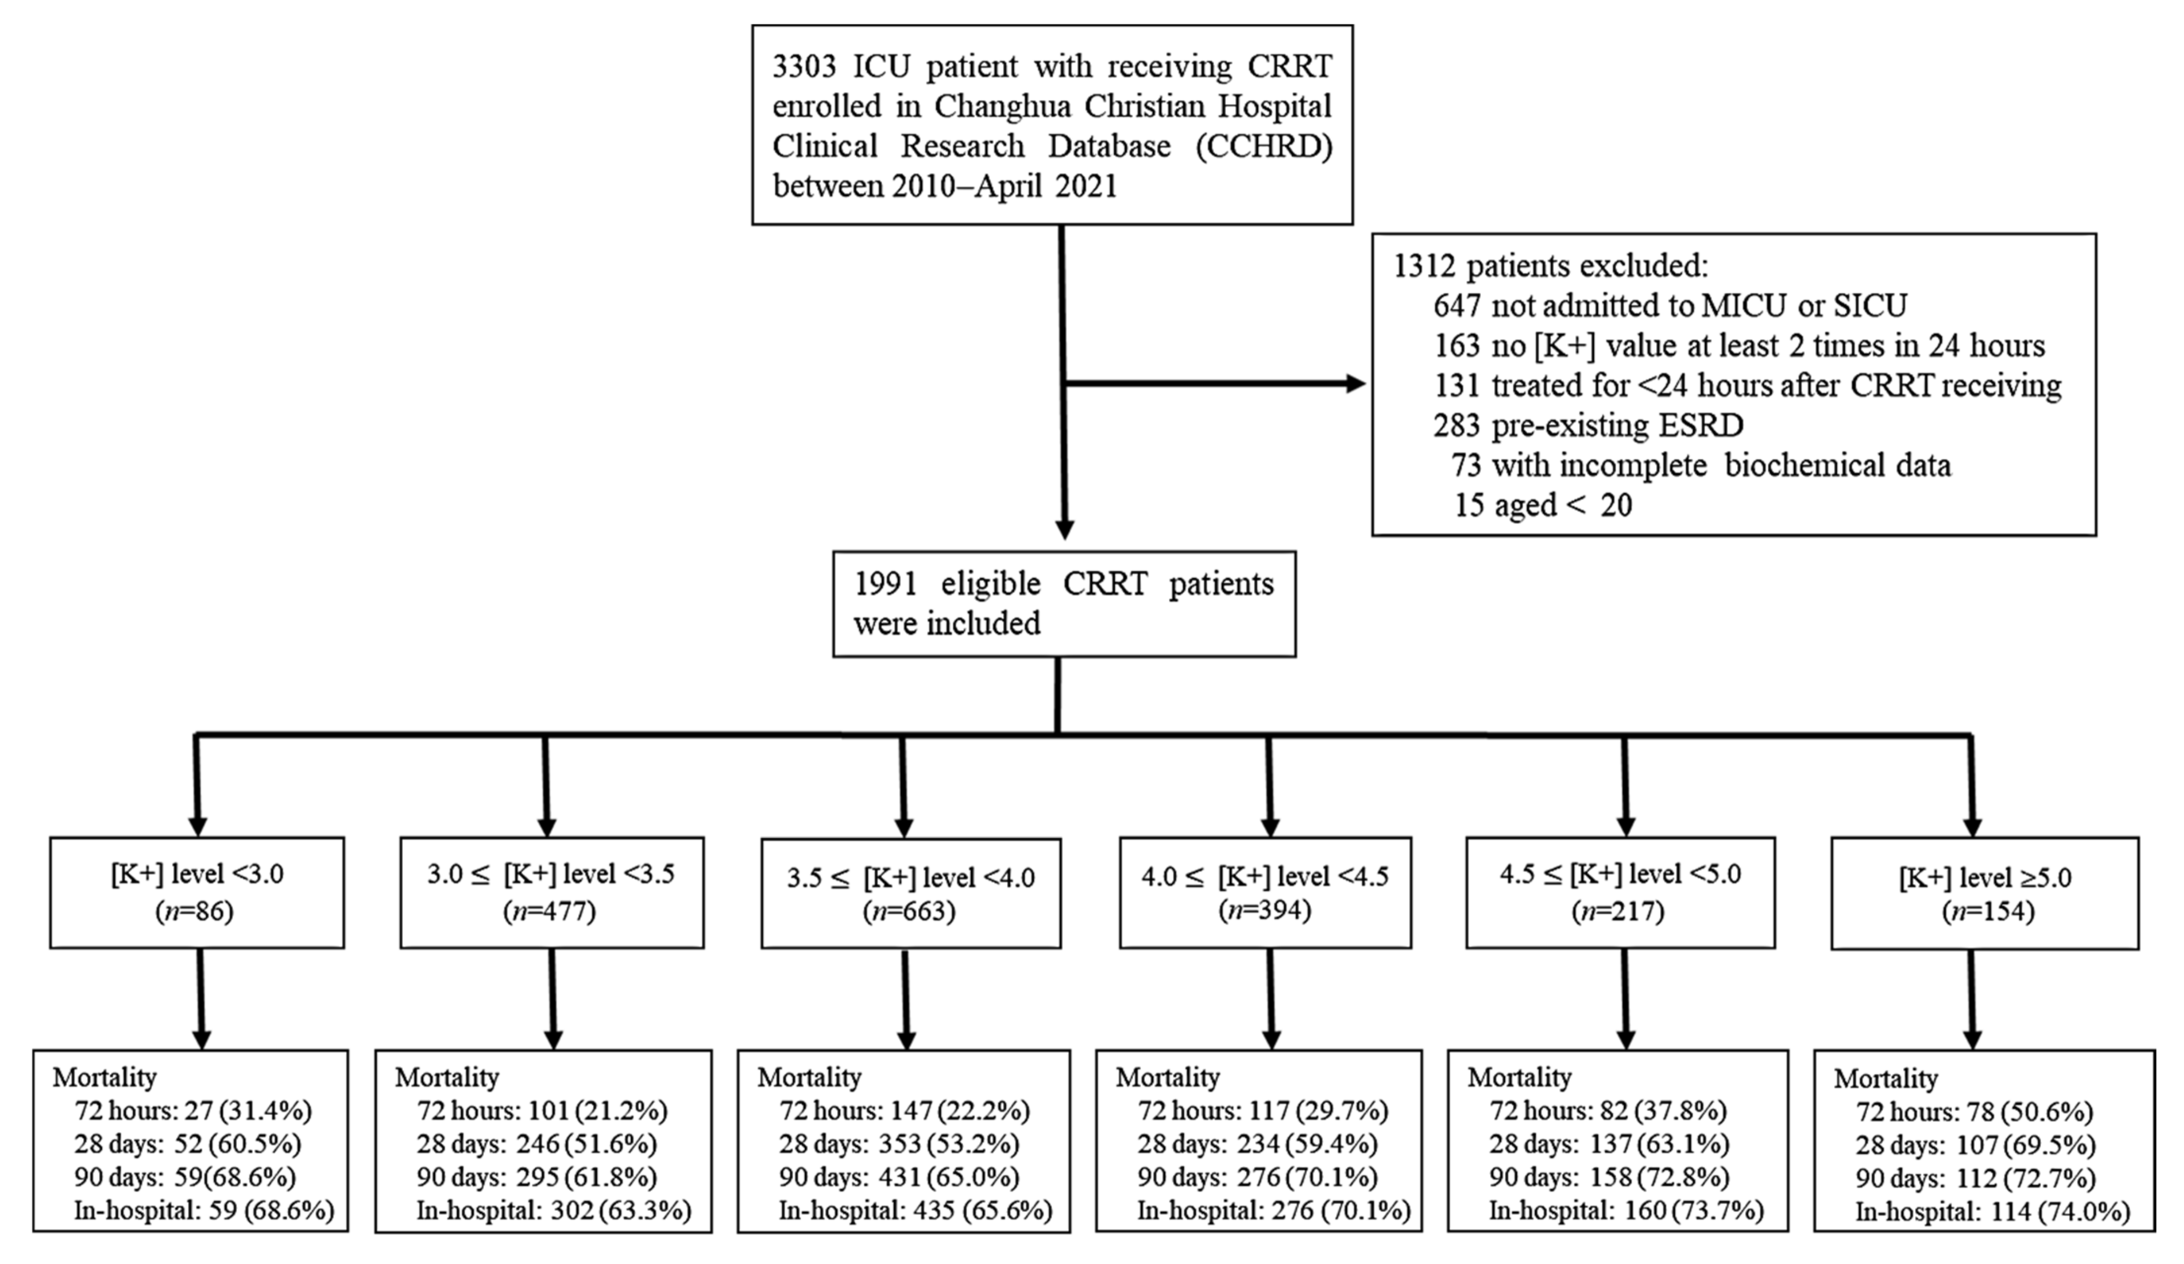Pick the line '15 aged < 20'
1543,505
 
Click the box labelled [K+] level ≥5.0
1984,893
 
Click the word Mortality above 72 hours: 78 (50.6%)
1886,1079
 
